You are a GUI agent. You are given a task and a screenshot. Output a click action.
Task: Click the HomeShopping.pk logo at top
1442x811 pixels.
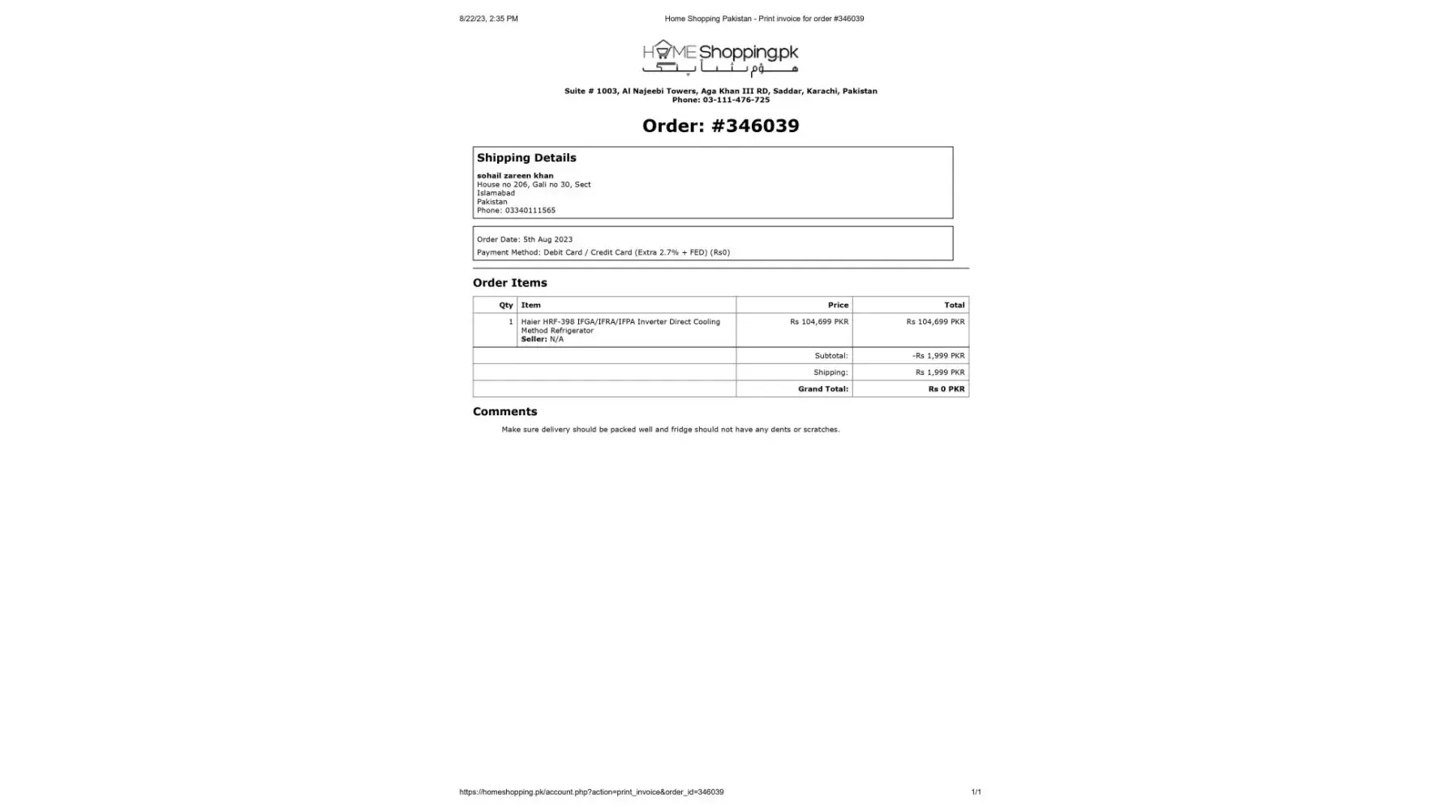[720, 58]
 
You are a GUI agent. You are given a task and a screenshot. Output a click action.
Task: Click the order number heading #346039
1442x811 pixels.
[720, 126]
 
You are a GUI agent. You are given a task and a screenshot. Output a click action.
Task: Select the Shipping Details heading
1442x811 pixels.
[526, 158]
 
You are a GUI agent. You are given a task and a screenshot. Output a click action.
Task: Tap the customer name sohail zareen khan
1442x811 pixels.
[515, 175]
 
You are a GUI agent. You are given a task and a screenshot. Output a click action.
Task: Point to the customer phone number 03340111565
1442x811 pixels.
[530, 210]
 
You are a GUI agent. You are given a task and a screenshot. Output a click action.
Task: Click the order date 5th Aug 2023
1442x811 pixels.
[547, 239]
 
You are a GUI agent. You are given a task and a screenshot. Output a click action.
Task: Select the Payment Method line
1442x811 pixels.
[603, 252]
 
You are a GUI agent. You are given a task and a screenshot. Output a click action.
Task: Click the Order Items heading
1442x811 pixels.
[509, 283]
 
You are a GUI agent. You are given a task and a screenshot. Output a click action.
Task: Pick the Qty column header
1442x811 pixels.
[506, 305]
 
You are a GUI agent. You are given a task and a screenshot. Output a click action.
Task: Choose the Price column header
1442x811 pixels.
[838, 305]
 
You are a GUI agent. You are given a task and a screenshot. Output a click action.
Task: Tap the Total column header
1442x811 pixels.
[954, 305]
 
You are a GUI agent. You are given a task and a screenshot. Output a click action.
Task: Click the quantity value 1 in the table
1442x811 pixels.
[510, 322]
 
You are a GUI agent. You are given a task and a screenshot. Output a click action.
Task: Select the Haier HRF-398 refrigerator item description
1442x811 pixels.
[620, 326]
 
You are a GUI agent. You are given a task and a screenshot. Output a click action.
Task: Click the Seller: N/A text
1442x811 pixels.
[542, 339]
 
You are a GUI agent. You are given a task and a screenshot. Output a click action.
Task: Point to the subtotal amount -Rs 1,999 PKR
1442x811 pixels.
[938, 356]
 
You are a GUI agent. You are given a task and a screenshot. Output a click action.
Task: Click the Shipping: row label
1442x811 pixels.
[830, 372]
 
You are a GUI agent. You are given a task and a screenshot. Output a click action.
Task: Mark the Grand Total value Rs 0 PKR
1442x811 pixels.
[946, 389]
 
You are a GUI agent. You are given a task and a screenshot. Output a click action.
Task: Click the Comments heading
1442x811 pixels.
[504, 412]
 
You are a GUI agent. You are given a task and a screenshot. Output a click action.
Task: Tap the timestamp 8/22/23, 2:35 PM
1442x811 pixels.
[488, 19]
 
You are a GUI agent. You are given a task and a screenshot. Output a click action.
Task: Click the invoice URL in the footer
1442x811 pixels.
[591, 792]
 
